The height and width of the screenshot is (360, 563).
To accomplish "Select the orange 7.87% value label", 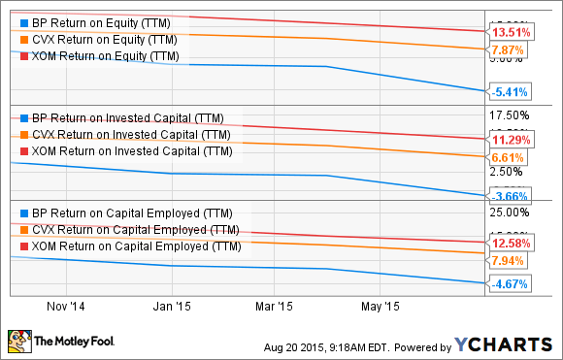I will [510, 49].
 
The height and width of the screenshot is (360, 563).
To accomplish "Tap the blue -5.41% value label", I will [510, 93].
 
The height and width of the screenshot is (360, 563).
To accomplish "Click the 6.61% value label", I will [510, 156].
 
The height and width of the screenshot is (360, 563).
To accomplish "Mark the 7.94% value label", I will [510, 260].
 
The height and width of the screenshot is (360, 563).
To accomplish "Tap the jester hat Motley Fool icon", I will [18, 342].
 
